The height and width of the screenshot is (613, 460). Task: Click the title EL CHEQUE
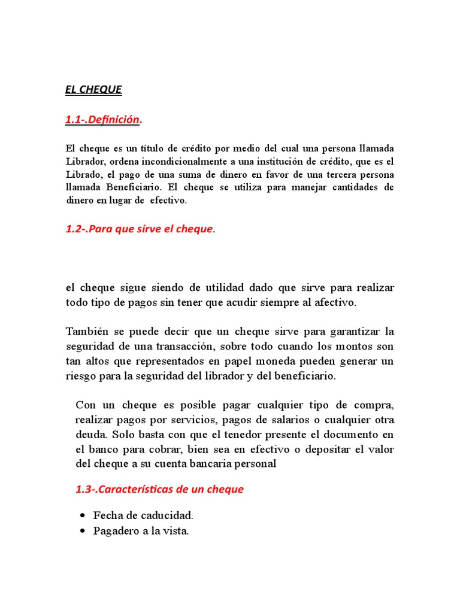pos(93,90)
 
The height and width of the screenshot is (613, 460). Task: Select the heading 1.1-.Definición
pos(104,120)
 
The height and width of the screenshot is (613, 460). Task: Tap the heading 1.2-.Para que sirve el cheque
pos(140,229)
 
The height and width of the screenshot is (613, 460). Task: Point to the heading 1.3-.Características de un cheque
pos(159,489)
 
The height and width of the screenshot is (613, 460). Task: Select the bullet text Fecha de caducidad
pos(143,515)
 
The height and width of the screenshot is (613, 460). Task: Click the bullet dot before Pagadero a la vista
pos(82,531)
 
